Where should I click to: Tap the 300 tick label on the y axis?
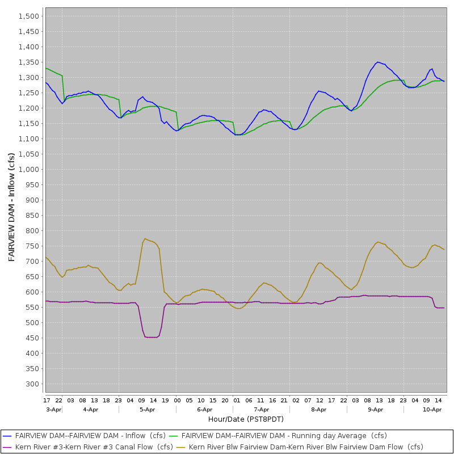pyautogui.click(x=34, y=384)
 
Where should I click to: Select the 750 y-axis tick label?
pyautogui.click(x=34, y=246)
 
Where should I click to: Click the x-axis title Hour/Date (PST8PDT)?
pyautogui.click(x=246, y=419)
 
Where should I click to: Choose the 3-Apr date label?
pyautogui.click(x=53, y=409)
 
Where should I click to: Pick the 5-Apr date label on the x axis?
pyautogui.click(x=148, y=409)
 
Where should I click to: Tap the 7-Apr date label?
pyautogui.click(x=262, y=409)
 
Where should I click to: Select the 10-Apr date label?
pyautogui.click(x=432, y=409)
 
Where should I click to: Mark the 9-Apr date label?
pyautogui.click(x=376, y=409)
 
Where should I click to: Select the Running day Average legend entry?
pyautogui.click(x=284, y=436)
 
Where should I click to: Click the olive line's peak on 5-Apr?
pyautogui.click(x=145, y=238)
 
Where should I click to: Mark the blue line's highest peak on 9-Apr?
pyautogui.click(x=378, y=62)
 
